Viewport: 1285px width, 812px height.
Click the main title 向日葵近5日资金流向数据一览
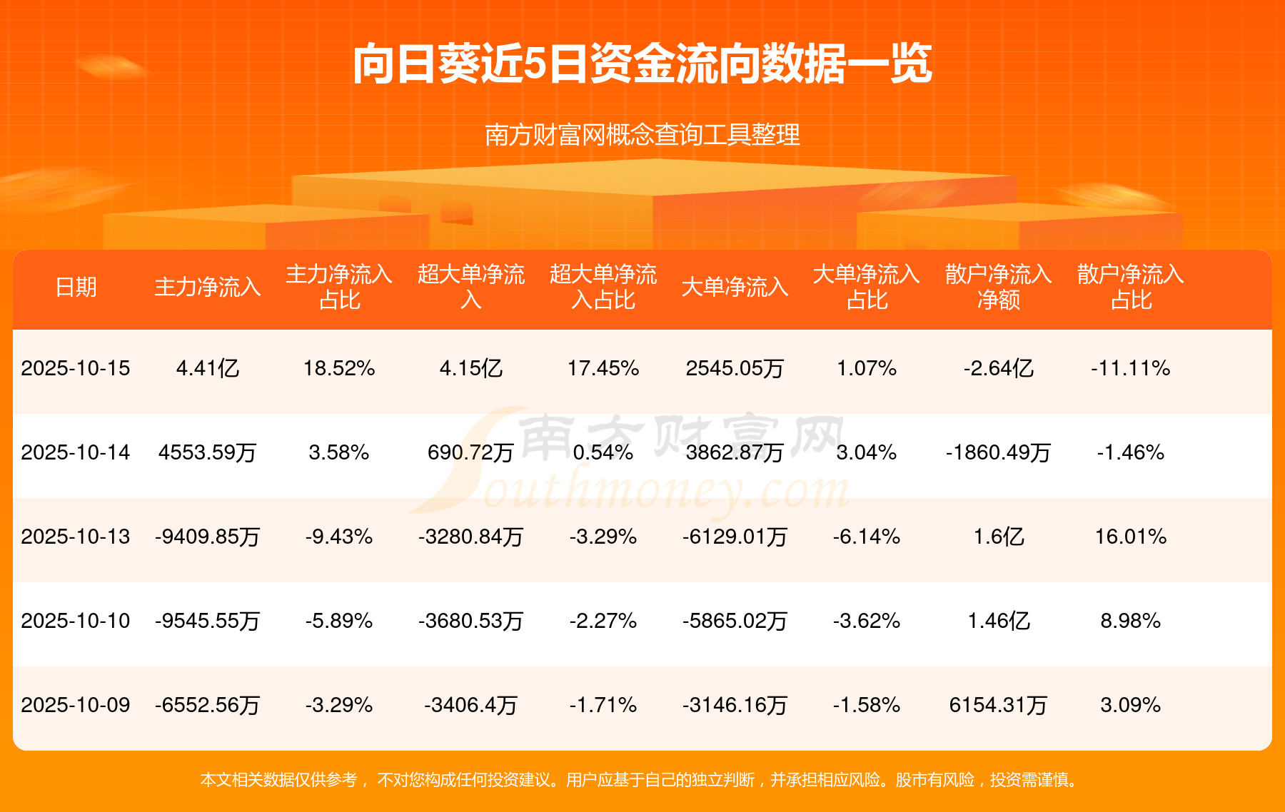(x=642, y=64)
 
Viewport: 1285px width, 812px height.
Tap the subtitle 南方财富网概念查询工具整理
(x=642, y=135)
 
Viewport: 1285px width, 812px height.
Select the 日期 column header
(x=76, y=288)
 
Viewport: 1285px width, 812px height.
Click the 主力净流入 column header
(x=207, y=288)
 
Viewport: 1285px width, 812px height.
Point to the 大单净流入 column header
(x=735, y=288)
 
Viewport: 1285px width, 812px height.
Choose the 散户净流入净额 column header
(x=998, y=287)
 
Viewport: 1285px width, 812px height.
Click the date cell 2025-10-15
(x=76, y=369)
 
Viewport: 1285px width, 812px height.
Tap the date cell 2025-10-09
(x=76, y=706)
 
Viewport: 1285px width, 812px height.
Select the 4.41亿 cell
(x=207, y=369)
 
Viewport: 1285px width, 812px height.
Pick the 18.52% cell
(x=339, y=369)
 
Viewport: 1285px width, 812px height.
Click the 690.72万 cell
(x=470, y=453)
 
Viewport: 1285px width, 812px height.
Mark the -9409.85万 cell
(x=207, y=537)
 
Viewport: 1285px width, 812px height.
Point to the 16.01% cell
(x=1130, y=537)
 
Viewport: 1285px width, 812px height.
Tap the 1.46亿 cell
(x=998, y=621)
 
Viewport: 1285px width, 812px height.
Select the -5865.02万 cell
(x=735, y=621)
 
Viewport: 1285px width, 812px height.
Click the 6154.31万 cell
(x=998, y=706)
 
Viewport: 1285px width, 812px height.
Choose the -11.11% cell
(x=1130, y=369)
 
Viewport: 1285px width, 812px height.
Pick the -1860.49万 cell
(x=998, y=453)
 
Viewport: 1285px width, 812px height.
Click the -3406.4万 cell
(x=470, y=706)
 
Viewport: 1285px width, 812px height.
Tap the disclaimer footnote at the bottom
(x=640, y=780)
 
